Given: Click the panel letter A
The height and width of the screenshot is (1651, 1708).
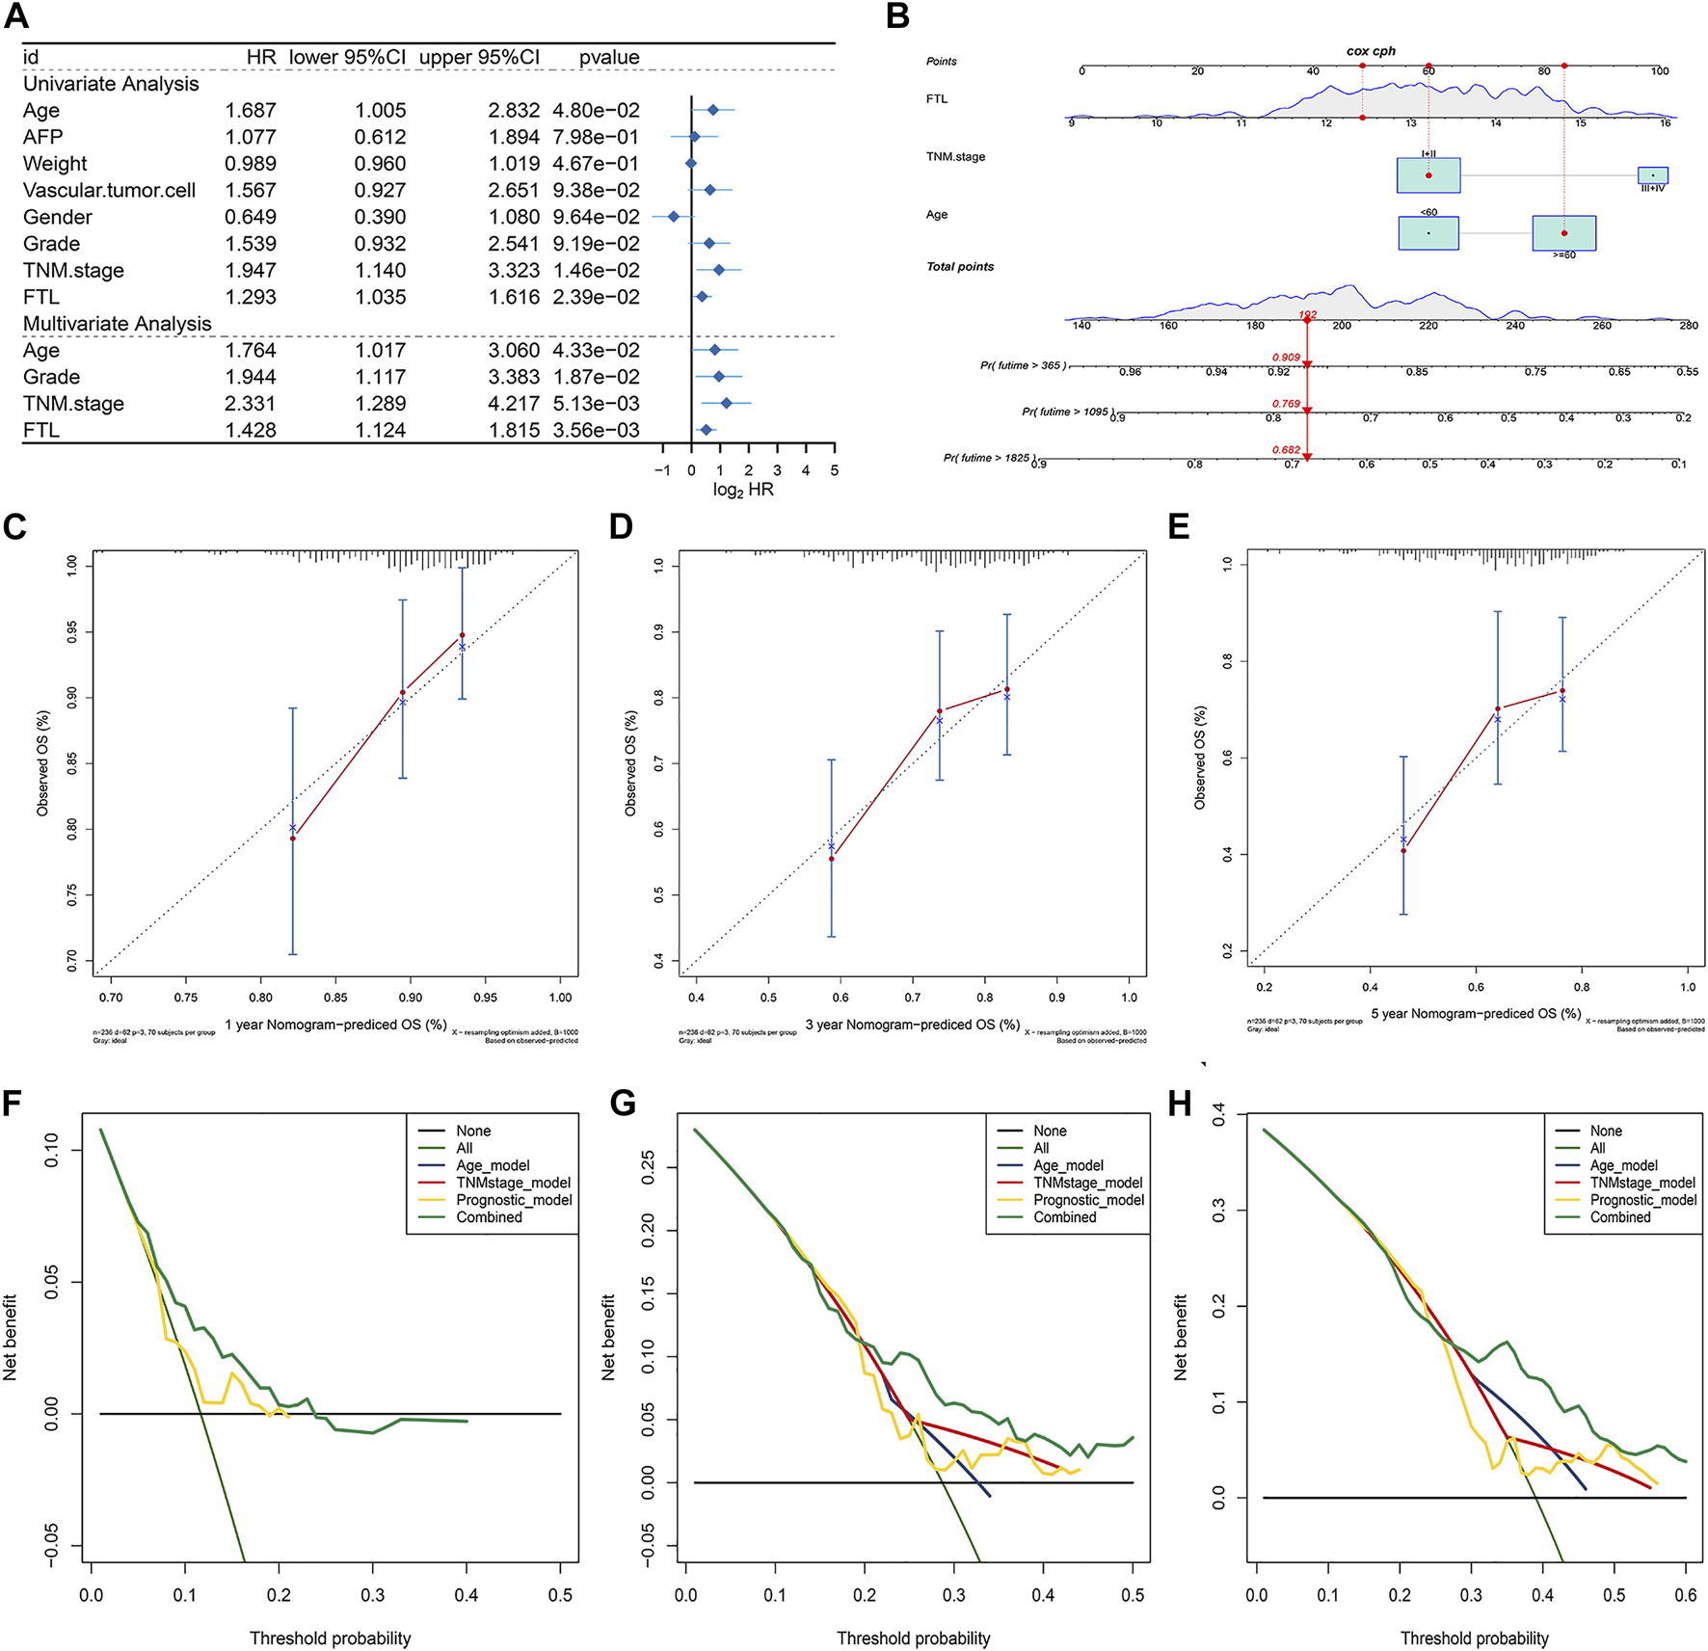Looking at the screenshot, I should tap(16, 16).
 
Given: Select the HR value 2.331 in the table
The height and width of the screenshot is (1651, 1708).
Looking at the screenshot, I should tap(251, 404).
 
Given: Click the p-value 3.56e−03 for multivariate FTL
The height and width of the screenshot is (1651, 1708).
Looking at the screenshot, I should tap(596, 431).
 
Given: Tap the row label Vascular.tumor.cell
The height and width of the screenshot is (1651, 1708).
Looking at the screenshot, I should tap(109, 191).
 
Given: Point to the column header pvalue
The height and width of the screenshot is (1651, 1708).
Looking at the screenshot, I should tap(609, 58).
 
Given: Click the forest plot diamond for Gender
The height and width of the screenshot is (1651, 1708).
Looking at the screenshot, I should tap(674, 217).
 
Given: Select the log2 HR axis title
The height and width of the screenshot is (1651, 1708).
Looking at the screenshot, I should tap(743, 490).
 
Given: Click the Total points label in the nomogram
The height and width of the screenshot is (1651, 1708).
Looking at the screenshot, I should tap(960, 267).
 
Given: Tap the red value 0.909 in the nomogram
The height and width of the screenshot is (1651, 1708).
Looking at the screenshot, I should tap(1286, 358).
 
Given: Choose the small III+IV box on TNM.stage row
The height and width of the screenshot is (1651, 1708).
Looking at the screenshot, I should tap(1652, 175).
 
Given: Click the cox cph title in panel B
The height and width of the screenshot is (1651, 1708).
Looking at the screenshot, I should tap(1371, 51).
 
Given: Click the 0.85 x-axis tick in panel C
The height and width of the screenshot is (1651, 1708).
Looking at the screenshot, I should tap(335, 998).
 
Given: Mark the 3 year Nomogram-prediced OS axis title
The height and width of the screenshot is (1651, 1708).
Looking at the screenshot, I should tap(913, 1025).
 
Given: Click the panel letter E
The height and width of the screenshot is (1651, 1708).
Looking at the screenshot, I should tap(1178, 527).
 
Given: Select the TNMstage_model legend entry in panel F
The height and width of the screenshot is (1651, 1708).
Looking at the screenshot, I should tap(513, 1183).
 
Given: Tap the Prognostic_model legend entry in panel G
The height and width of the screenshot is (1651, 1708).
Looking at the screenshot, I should tap(1088, 1200).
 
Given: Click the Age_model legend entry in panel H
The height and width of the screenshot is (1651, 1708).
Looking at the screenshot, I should tap(1623, 1165).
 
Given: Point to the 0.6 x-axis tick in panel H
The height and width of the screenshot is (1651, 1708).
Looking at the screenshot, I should tap(1686, 1596).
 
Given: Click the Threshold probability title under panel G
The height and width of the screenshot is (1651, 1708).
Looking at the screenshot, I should tap(913, 1638).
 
